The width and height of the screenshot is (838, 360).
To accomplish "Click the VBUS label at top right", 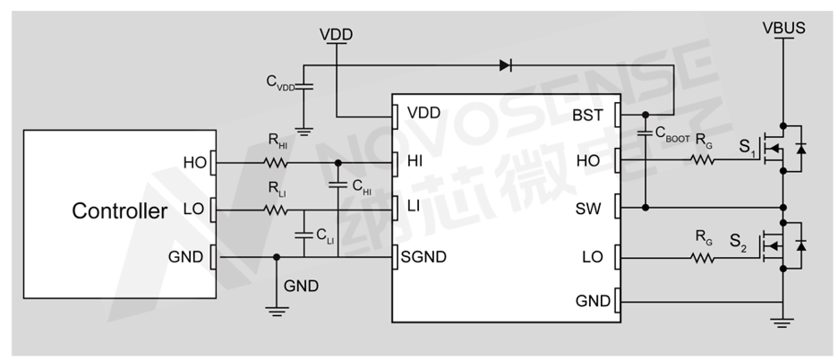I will [783, 28].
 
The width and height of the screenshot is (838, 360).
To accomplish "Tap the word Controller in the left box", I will [119, 212].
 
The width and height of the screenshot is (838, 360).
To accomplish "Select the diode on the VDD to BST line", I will [506, 64].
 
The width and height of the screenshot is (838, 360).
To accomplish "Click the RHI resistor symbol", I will [275, 163].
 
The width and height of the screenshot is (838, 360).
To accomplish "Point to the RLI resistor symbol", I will [275, 211].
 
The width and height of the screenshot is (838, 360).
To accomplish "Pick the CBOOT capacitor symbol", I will [645, 134].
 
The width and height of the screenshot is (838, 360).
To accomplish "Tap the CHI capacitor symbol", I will [338, 185].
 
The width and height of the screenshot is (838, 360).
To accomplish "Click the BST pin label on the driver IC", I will [587, 115].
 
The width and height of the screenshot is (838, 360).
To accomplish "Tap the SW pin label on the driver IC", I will [589, 208].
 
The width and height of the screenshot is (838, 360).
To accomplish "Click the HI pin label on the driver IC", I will [415, 162].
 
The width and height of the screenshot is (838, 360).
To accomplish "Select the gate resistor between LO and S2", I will [703, 258].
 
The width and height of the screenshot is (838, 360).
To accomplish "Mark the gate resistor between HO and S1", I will [703, 161].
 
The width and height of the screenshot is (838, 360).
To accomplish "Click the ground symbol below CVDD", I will [304, 131].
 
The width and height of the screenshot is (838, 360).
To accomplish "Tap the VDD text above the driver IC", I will [336, 34].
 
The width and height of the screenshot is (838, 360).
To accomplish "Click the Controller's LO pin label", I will [193, 210].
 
